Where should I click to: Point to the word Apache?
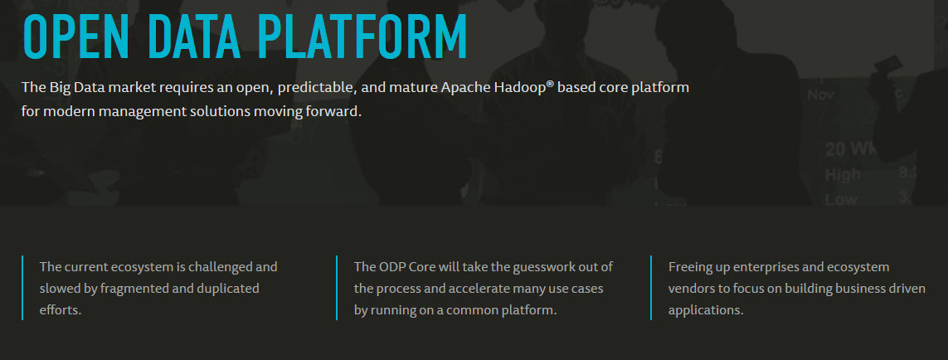click(465, 88)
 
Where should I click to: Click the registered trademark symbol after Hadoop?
click(550, 84)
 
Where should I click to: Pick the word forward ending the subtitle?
click(333, 112)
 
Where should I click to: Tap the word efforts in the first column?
click(60, 310)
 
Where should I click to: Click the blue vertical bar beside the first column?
click(22, 288)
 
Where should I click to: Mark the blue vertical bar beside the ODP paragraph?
click(337, 288)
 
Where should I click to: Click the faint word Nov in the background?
click(820, 95)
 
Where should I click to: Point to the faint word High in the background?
click(843, 175)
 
